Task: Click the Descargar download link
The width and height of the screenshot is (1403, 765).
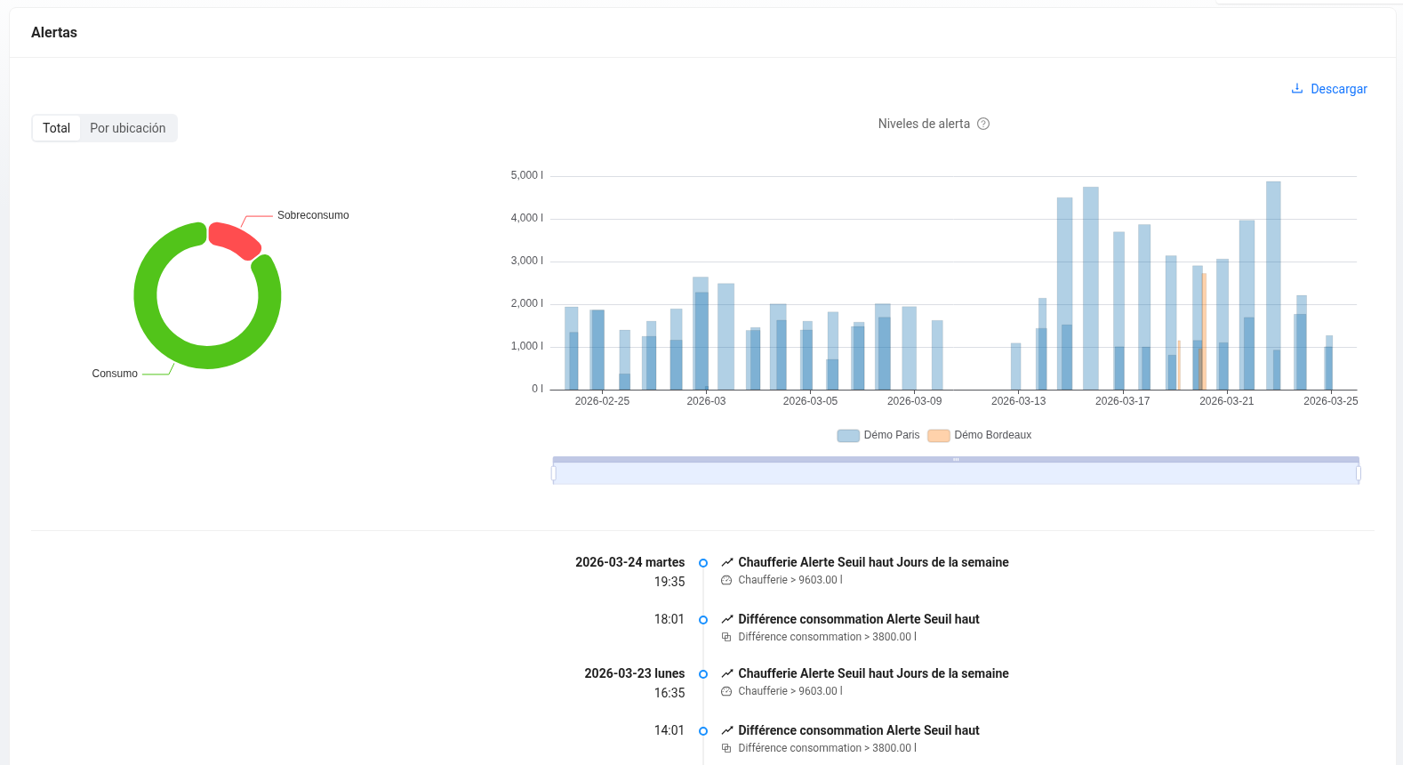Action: tap(1329, 89)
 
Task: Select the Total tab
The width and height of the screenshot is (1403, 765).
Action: tap(56, 128)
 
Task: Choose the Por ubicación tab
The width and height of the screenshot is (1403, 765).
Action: tap(127, 128)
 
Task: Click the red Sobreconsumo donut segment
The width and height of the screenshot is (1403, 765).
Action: tap(234, 238)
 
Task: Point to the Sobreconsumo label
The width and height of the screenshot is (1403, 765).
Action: tap(313, 215)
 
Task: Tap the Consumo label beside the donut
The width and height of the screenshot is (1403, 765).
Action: tap(115, 374)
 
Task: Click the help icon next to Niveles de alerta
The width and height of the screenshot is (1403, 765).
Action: tap(983, 125)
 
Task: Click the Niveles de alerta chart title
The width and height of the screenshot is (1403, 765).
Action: tap(924, 125)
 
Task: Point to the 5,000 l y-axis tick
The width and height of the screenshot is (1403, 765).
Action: tap(526, 175)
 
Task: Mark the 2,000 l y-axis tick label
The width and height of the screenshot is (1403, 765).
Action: tap(526, 303)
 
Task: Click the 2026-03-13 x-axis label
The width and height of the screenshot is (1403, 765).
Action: tap(1018, 401)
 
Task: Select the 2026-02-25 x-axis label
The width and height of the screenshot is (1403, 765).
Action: tap(602, 401)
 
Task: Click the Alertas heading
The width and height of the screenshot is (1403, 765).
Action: tap(54, 33)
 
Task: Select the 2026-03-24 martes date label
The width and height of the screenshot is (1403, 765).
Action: tap(629, 562)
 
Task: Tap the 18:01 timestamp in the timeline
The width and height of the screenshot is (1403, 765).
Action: tap(669, 619)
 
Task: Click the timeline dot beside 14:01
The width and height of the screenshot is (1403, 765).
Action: tap(703, 731)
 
